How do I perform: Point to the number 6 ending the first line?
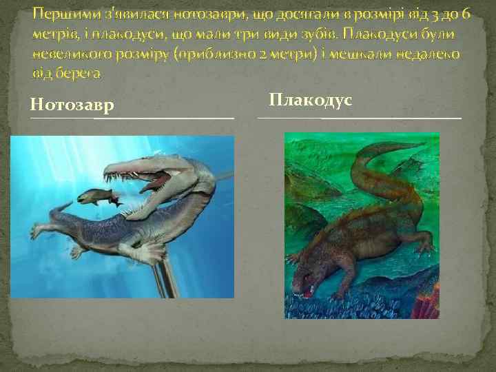click(x=466, y=14)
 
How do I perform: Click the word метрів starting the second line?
click(x=56, y=34)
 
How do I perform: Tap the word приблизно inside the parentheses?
click(x=212, y=54)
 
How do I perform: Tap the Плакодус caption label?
click(x=310, y=101)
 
